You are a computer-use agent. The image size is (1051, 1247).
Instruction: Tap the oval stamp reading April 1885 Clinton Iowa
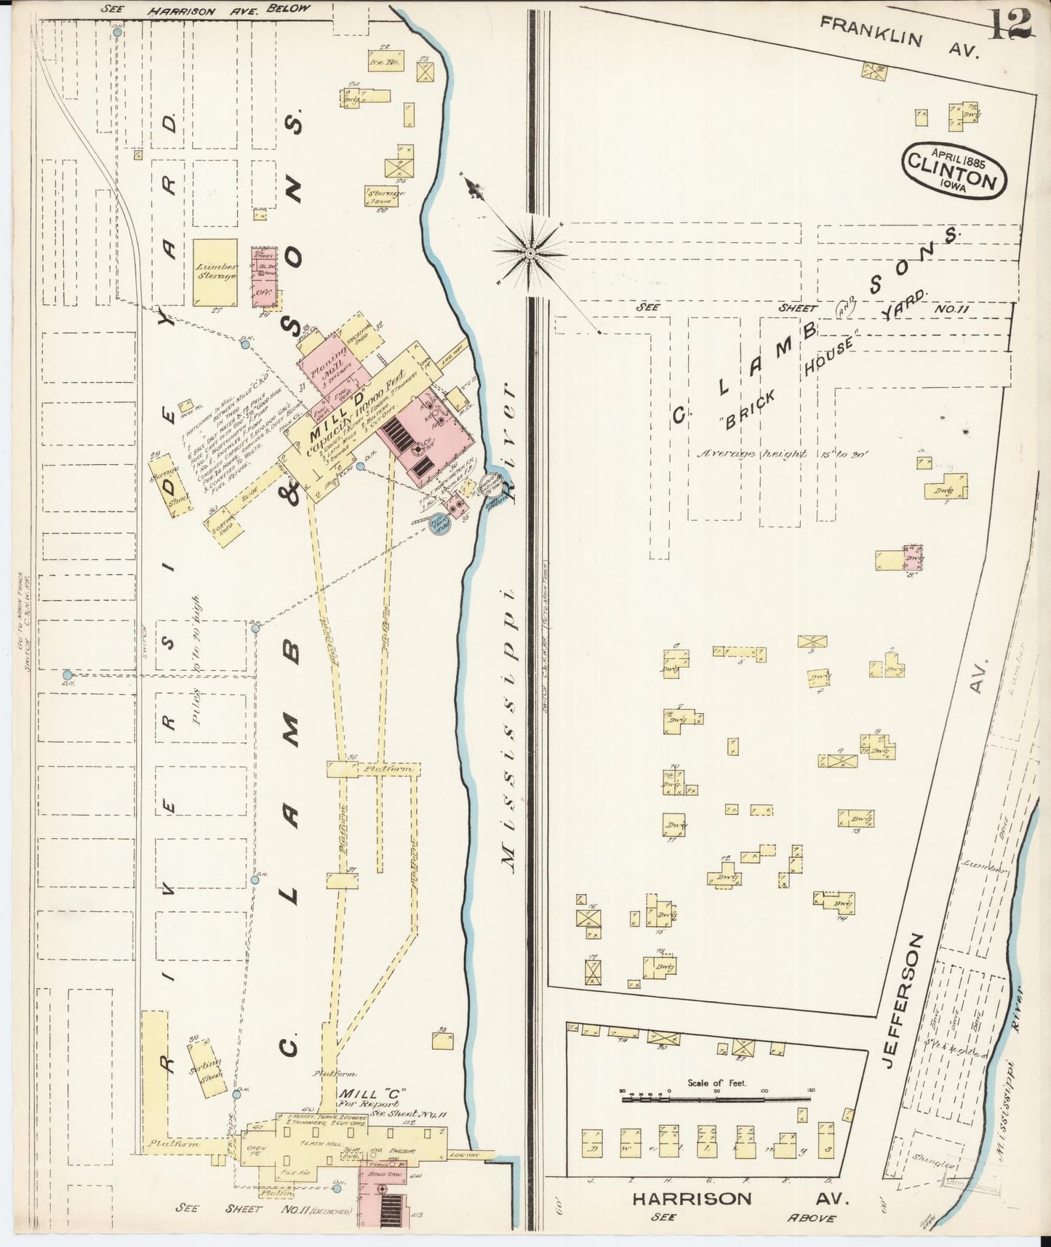pos(954,168)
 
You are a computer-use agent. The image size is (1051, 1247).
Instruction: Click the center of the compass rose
pos(531,252)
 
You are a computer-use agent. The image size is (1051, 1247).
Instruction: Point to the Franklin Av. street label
pos(900,37)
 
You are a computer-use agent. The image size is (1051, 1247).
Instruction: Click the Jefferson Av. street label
pos(902,1000)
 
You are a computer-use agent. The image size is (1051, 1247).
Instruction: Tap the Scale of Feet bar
pos(716,1100)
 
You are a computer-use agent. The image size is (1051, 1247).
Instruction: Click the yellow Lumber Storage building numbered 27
pos(215,272)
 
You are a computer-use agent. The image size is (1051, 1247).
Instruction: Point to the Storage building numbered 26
pos(383,195)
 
